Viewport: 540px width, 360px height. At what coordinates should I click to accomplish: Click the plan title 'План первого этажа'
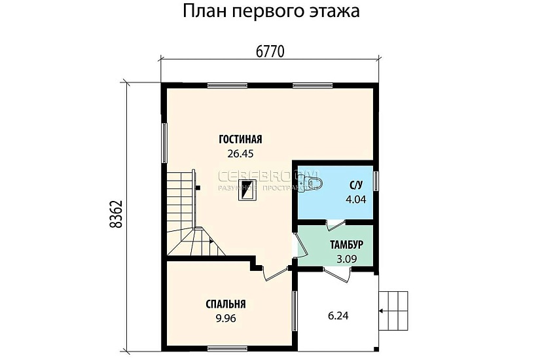click(270, 12)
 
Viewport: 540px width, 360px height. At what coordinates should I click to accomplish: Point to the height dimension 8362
click(117, 214)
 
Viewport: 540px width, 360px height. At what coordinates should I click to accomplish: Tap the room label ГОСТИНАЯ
click(240, 139)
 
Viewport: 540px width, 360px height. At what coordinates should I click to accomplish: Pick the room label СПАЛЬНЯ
click(225, 304)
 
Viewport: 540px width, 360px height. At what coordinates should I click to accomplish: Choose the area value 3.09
click(346, 259)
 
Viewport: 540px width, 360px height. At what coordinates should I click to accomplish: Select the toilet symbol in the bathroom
click(313, 181)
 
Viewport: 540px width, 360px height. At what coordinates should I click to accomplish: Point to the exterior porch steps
click(395, 303)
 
